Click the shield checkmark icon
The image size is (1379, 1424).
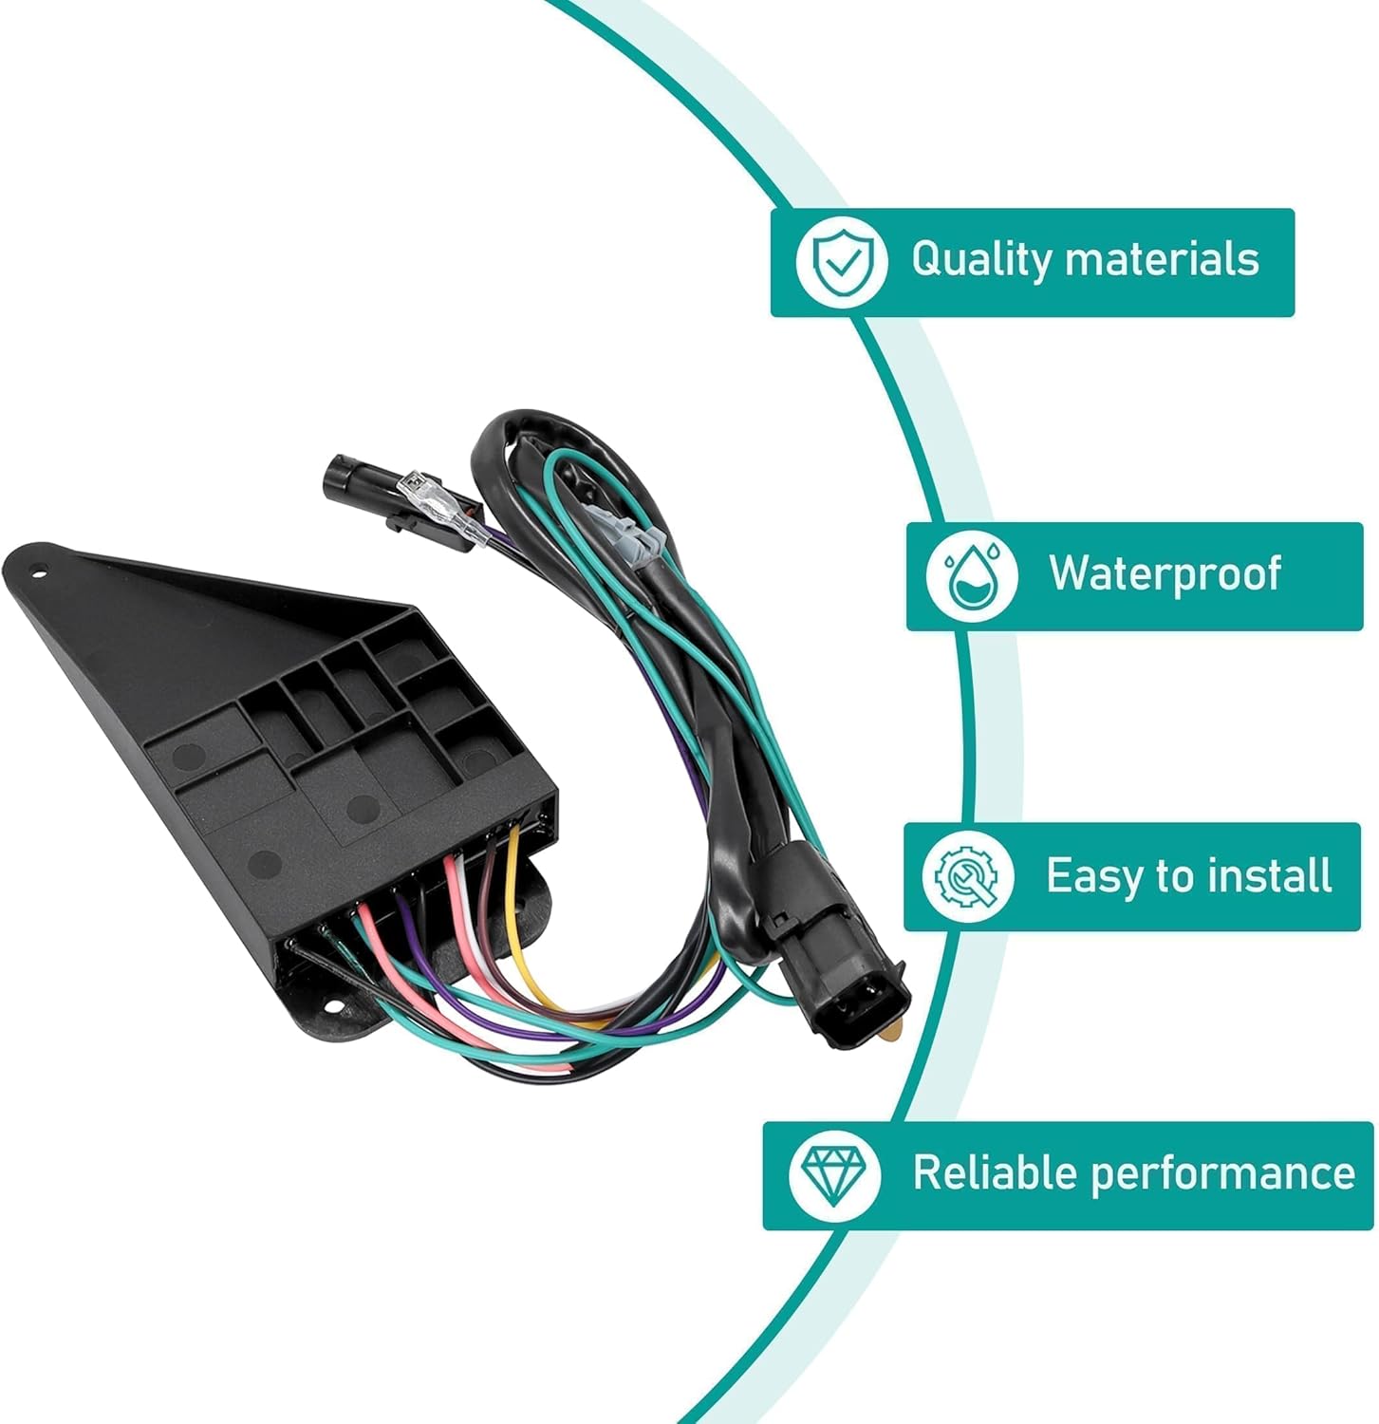[842, 260]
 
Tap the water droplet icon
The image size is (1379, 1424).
[970, 575]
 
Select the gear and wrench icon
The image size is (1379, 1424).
[967, 875]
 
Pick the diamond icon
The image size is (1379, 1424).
[833, 1173]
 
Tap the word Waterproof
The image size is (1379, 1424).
[1165, 573]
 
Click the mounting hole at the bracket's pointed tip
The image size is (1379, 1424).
[39, 572]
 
